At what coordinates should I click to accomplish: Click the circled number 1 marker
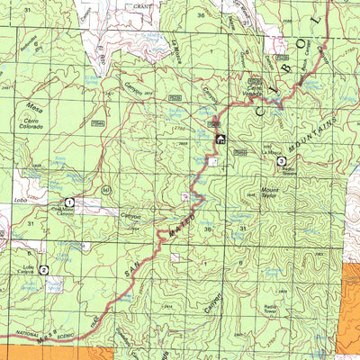tap(68, 203)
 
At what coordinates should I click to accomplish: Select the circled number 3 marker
tap(282, 161)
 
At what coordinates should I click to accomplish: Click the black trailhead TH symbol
tap(220, 139)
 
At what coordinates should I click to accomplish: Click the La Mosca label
tap(269, 153)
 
